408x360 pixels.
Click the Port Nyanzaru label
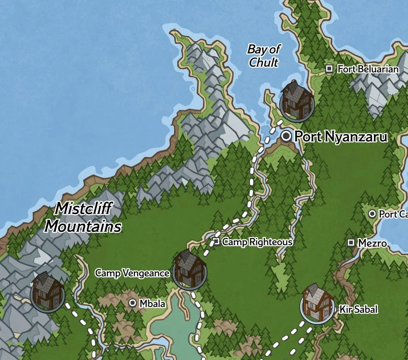(341, 137)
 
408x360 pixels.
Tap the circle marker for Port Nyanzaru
(287, 136)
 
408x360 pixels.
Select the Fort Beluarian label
(368, 69)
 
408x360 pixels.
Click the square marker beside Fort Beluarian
(329, 69)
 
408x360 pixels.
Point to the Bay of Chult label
(264, 56)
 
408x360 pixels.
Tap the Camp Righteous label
(257, 242)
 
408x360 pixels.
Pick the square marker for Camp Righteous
(216, 241)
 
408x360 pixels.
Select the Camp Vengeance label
(132, 273)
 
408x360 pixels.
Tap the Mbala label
(152, 303)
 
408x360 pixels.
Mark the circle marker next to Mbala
(133, 303)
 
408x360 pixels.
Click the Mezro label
(372, 243)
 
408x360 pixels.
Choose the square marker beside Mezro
(351, 243)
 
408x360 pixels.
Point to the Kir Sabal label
(358, 309)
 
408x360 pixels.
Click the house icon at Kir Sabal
(317, 303)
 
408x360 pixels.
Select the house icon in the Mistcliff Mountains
(48, 291)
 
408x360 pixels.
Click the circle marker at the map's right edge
(372, 214)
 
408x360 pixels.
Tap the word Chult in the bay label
(264, 62)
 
